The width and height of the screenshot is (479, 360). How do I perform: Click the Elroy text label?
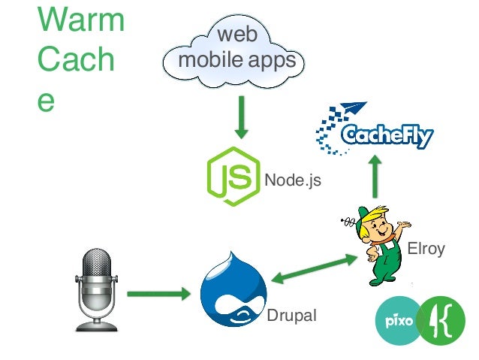pos(426,249)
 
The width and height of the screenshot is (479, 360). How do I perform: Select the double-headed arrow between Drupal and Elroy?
pos(315,269)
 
